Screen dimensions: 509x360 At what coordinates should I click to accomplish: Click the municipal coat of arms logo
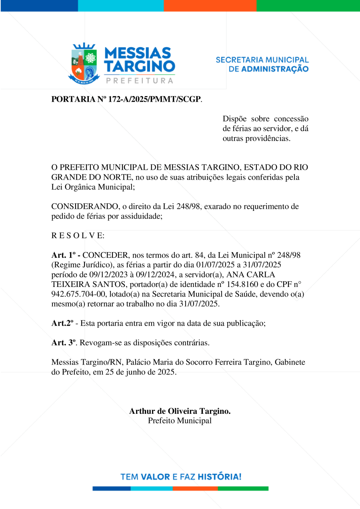(x=84, y=63)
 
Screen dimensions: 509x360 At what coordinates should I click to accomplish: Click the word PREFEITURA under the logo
(x=140, y=80)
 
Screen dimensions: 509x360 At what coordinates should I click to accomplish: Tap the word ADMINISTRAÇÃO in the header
(x=275, y=69)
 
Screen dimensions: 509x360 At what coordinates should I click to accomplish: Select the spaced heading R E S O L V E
(x=78, y=235)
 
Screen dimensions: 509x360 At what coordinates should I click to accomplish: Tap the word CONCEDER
(x=105, y=255)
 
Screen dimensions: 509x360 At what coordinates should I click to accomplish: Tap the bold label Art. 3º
(x=64, y=343)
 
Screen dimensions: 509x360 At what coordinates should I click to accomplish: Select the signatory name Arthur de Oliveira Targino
(x=180, y=411)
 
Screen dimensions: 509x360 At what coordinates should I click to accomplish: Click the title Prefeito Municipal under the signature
(x=180, y=421)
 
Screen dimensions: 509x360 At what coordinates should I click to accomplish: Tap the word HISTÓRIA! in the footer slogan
(x=220, y=477)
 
